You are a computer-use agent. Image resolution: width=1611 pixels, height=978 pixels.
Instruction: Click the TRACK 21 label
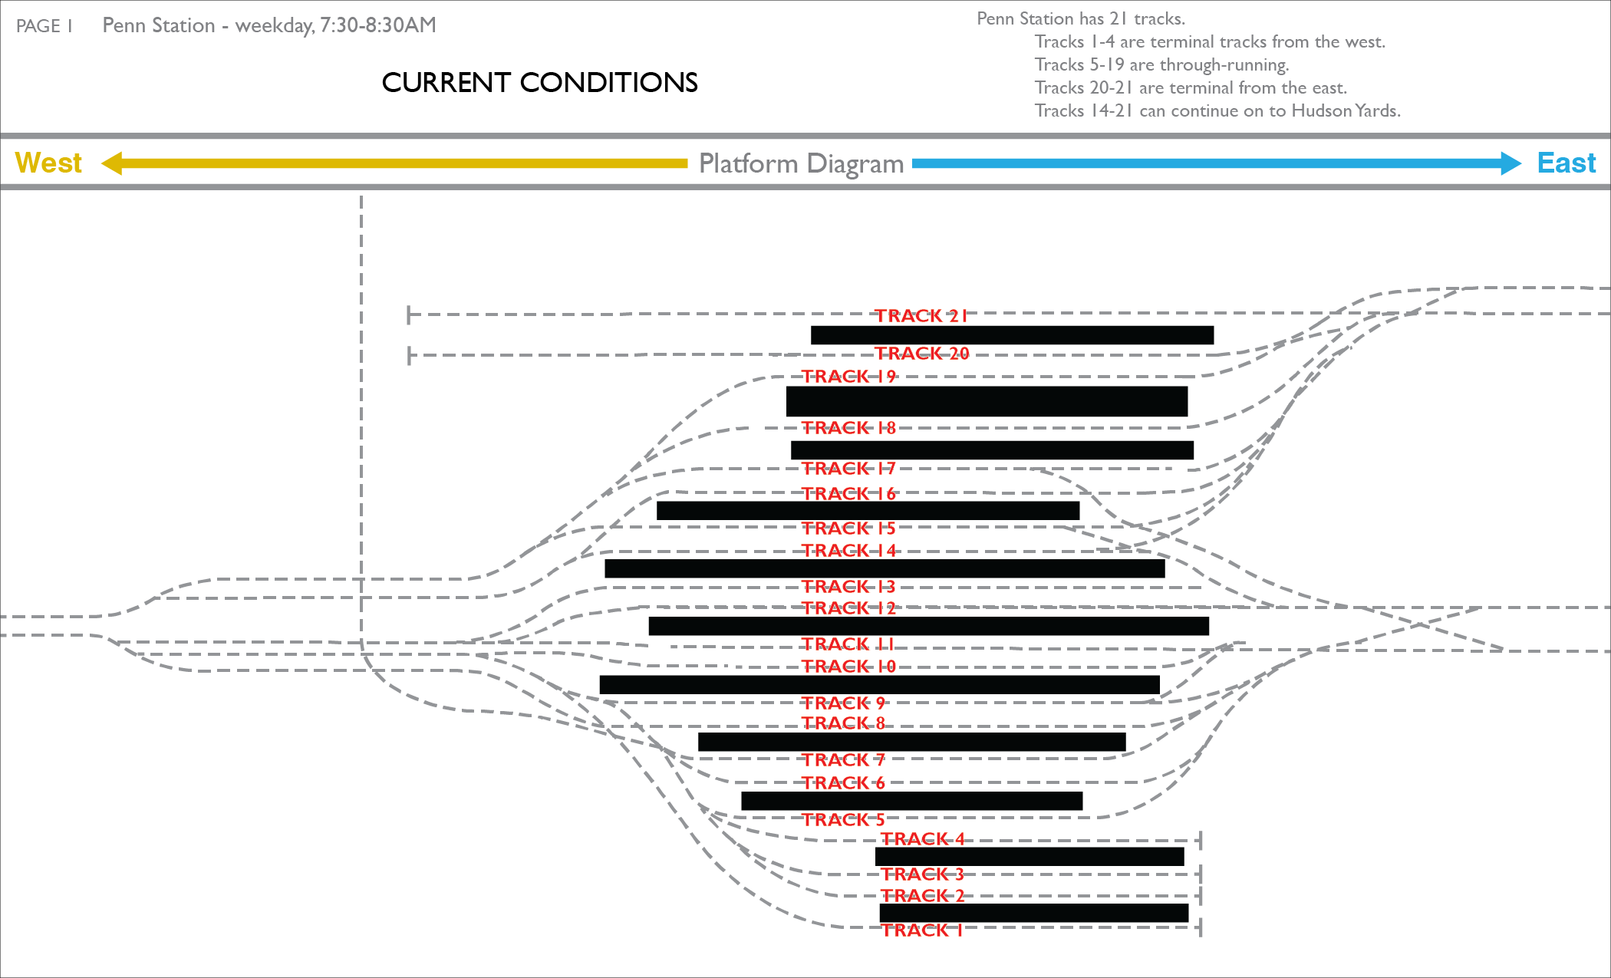point(921,315)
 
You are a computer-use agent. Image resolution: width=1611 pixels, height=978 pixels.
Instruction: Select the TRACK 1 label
point(921,930)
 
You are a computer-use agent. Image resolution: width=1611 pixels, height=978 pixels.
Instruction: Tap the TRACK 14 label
point(848,550)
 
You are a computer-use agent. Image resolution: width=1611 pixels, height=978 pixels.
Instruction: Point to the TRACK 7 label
point(843,759)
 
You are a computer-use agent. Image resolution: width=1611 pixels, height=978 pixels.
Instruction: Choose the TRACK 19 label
point(848,376)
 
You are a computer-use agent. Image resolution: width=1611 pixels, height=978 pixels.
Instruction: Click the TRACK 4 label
point(922,838)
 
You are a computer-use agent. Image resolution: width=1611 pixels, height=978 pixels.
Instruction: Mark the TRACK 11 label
point(848,644)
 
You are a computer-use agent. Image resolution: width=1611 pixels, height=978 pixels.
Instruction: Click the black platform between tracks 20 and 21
point(1012,335)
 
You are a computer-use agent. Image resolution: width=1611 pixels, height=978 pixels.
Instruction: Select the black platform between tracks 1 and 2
point(1033,913)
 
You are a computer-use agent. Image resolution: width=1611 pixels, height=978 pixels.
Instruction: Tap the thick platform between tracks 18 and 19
point(987,401)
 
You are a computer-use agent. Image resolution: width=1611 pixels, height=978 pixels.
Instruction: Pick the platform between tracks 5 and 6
point(911,801)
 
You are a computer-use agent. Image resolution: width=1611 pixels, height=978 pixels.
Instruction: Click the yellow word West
point(48,163)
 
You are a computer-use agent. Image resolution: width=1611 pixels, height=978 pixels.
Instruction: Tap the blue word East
point(1567,163)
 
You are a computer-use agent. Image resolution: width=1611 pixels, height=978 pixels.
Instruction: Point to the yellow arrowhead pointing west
point(112,163)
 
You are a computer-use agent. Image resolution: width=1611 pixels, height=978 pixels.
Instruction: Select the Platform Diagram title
point(801,163)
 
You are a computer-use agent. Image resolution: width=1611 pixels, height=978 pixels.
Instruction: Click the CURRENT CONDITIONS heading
point(540,82)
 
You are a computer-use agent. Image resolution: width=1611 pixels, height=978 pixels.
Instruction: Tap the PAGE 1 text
point(44,26)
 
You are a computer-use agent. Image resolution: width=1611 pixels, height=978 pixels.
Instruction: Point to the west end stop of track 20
point(410,355)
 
